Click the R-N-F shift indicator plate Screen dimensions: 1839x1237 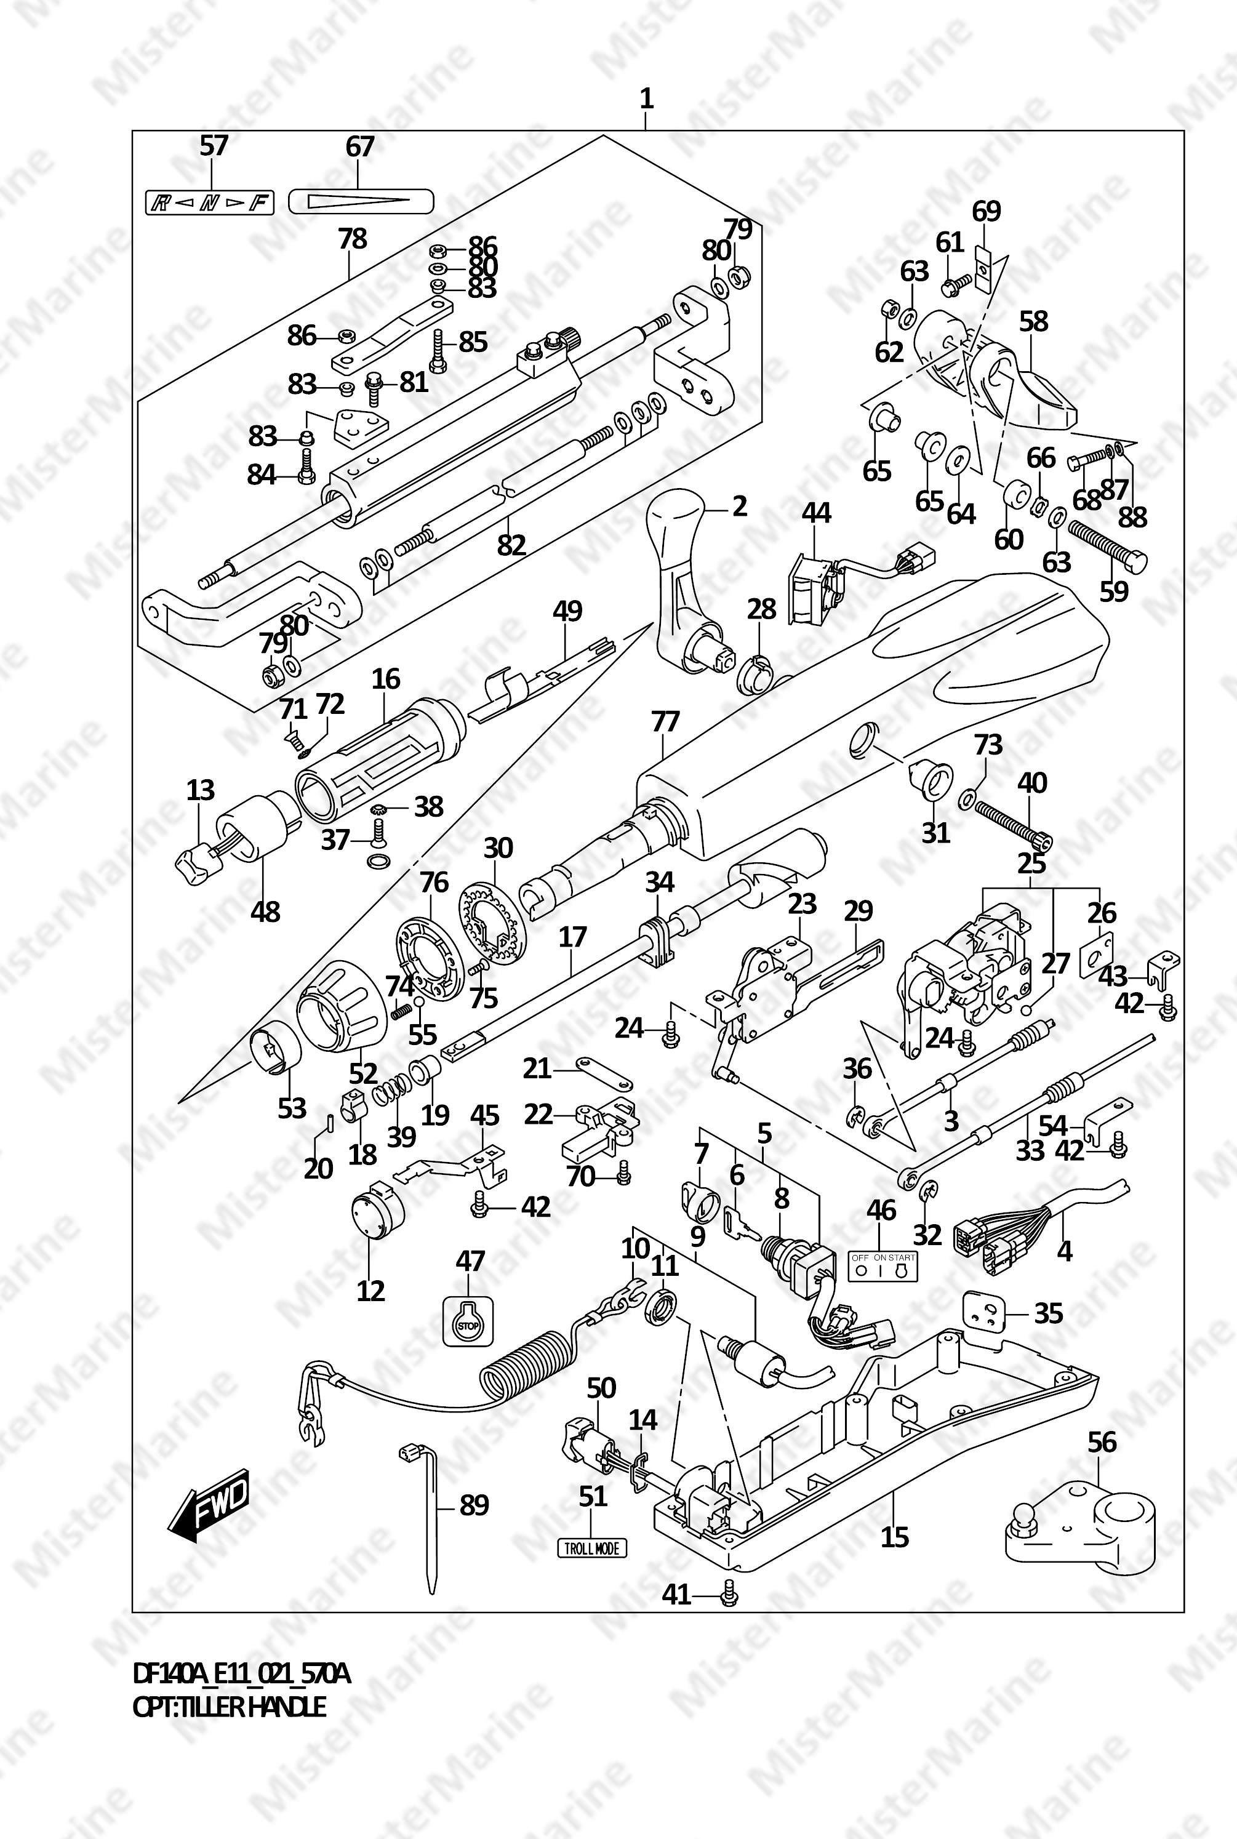[x=209, y=204]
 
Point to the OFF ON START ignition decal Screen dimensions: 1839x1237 [x=883, y=1267]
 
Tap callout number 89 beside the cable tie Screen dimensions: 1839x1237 [x=474, y=1504]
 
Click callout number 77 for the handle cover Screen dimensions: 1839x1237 [x=665, y=722]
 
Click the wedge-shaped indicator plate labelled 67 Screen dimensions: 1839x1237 [x=361, y=202]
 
